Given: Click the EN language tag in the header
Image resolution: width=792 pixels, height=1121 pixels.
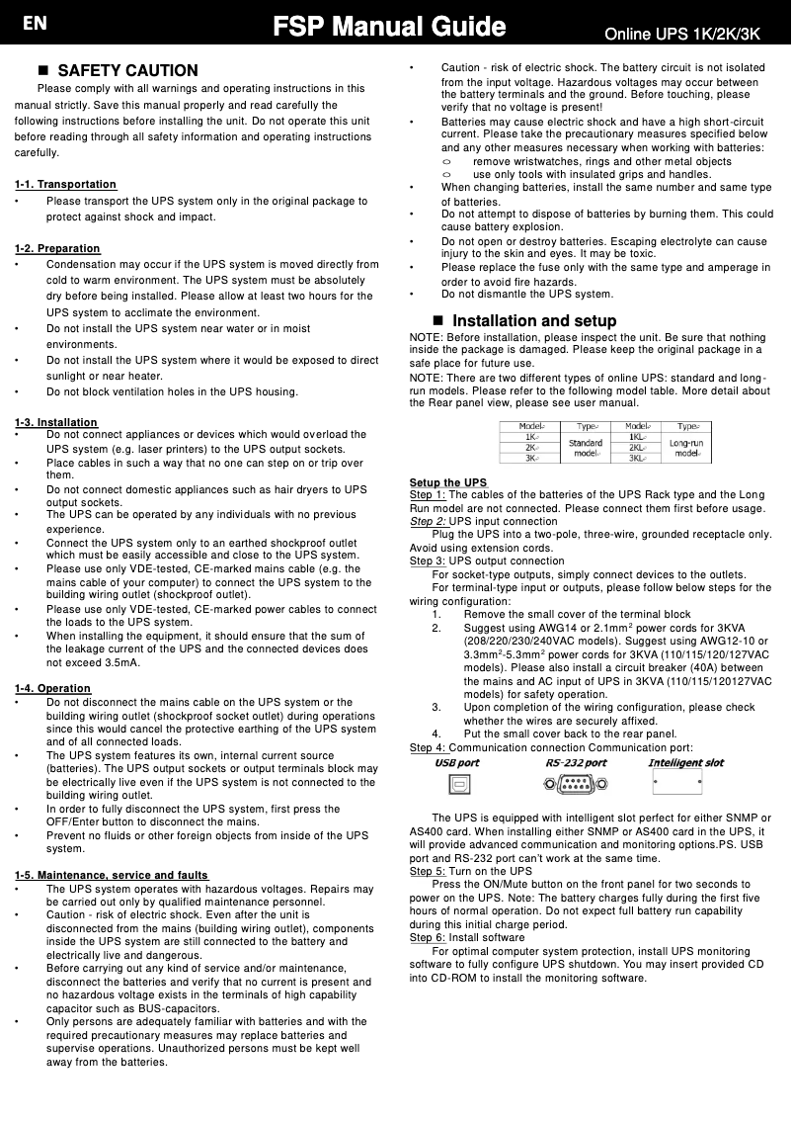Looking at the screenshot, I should [x=35, y=26].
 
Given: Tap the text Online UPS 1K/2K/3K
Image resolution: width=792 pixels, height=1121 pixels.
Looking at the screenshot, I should [x=681, y=35].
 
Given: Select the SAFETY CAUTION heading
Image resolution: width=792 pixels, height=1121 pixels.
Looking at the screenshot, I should [x=127, y=71].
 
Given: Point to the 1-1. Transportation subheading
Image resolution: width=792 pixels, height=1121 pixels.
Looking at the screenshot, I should [x=65, y=185].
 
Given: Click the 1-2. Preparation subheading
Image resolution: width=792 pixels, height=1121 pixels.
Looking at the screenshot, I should [x=57, y=248].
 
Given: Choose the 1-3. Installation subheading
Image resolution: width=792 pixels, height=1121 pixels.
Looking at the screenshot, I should [x=56, y=423].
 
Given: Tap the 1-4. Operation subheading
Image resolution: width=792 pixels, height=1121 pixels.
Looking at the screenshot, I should [x=52, y=688].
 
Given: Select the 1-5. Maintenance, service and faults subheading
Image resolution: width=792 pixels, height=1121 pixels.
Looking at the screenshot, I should [x=112, y=876].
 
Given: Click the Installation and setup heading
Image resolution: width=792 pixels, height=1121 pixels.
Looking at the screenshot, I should [x=533, y=321].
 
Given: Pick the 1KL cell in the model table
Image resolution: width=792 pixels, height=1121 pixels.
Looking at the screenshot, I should [x=636, y=436].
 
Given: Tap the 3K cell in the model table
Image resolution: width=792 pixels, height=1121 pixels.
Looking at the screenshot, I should [x=532, y=458].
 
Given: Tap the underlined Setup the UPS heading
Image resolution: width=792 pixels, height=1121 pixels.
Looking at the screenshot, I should [x=448, y=482].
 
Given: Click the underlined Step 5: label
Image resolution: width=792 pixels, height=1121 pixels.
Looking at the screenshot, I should [x=427, y=872].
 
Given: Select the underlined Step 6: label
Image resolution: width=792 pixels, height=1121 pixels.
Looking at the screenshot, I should [x=427, y=937].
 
